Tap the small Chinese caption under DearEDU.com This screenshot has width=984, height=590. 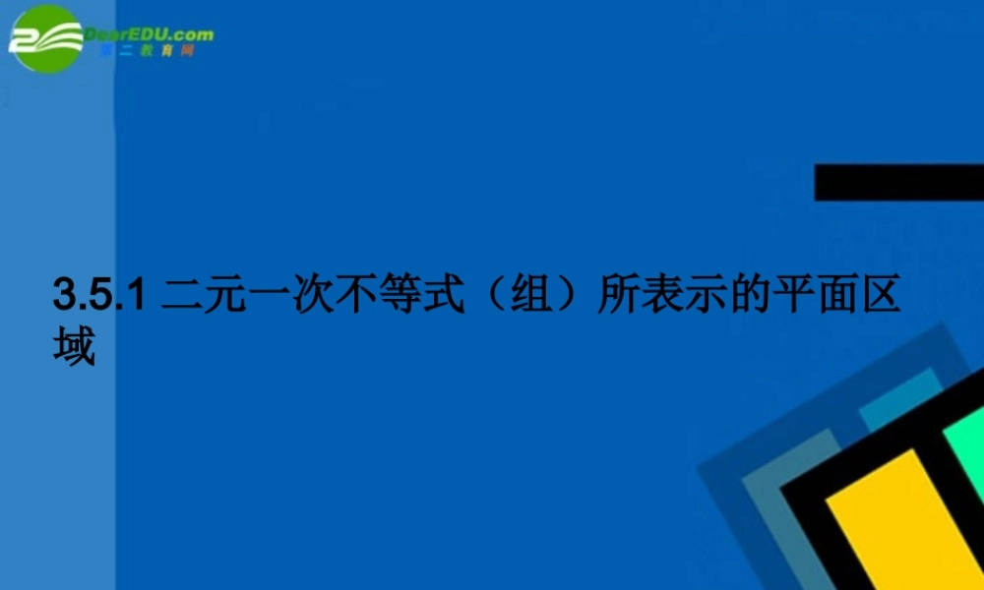pyautogui.click(x=148, y=50)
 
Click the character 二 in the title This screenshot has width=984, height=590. pyautogui.click(x=181, y=295)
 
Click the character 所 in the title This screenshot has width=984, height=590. pyautogui.click(x=620, y=295)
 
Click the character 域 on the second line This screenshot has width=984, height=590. pyautogui.click(x=75, y=346)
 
